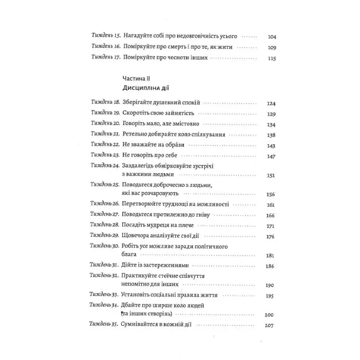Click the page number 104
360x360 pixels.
(272, 37)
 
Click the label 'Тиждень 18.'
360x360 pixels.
(105, 103)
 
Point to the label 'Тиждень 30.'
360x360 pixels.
(105, 246)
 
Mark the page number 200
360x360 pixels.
(269, 315)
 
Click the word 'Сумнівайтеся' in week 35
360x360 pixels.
(140, 325)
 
